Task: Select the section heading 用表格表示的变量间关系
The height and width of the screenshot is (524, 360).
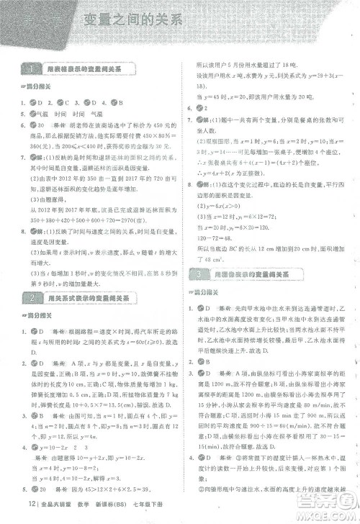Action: pyautogui.click(x=90, y=70)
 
